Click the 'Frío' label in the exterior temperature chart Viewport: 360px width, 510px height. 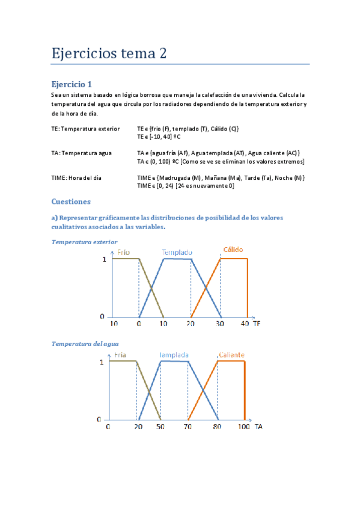(124, 252)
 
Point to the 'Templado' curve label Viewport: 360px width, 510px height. (177, 252)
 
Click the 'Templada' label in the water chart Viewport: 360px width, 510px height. (175, 355)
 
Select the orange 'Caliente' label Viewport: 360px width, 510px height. (231, 355)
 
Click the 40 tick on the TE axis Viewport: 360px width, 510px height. (243, 324)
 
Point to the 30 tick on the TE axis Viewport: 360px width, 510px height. (221, 324)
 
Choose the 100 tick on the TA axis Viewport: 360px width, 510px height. (243, 426)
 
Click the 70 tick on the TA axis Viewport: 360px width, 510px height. (188, 426)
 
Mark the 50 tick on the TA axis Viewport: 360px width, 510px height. (160, 426)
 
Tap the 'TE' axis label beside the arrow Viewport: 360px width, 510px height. (257, 324)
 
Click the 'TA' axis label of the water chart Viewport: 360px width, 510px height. (258, 426)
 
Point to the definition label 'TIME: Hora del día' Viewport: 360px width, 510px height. (81, 178)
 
